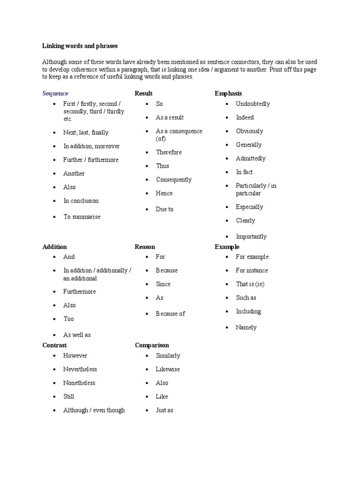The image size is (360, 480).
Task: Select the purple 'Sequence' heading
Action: tap(55, 93)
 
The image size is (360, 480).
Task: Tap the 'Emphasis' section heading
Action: tap(228, 93)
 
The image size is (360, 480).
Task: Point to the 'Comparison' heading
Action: tap(152, 345)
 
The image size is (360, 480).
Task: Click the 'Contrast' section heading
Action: tap(54, 345)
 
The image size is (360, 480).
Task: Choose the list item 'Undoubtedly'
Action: tap(253, 104)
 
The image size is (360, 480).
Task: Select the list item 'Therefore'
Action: tap(169, 152)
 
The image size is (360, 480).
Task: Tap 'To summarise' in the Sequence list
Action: tap(82, 217)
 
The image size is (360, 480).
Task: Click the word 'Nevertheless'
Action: tap(80, 369)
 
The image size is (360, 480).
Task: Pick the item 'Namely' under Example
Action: tap(246, 327)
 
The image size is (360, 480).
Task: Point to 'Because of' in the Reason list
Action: tap(171, 314)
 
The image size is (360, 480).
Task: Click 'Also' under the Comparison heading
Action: tap(162, 383)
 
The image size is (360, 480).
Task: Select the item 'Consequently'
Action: tap(174, 180)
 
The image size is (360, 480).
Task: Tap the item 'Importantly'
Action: tap(251, 236)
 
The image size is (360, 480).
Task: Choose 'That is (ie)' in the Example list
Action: tap(250, 284)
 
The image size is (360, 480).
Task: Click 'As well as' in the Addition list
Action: tap(77, 335)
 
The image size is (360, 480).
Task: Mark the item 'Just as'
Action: tap(165, 410)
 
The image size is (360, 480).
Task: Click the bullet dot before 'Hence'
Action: tap(147, 193)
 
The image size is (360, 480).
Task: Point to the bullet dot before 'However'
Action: tap(55, 356)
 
